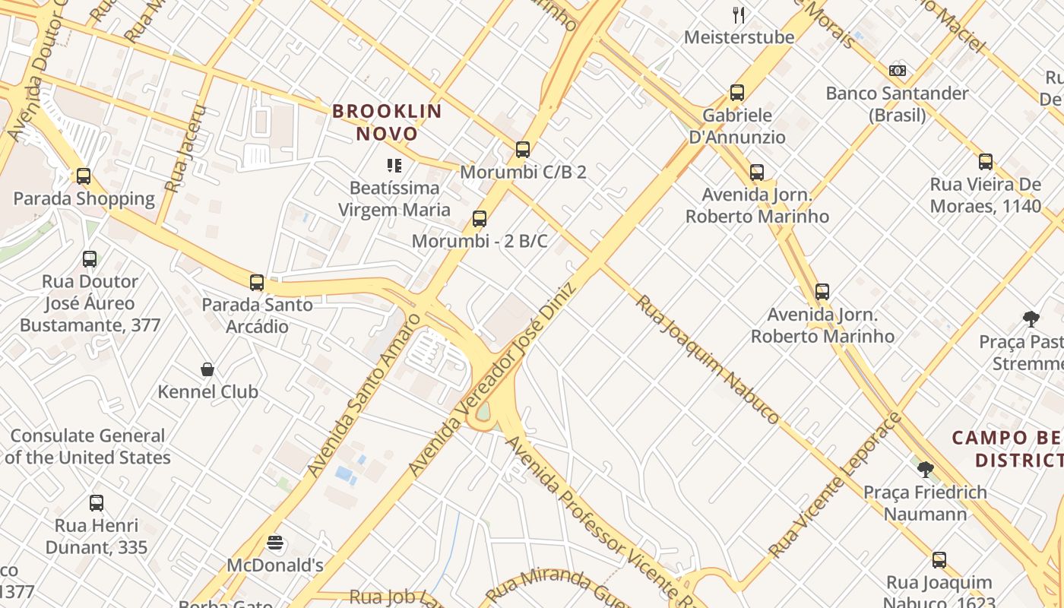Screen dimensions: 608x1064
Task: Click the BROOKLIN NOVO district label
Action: point(387,122)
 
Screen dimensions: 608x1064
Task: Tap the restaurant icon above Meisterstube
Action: point(738,14)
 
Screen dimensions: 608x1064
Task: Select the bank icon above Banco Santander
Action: point(898,71)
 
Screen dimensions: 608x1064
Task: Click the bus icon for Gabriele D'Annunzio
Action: point(736,93)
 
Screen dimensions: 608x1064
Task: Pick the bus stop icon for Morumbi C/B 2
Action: point(522,149)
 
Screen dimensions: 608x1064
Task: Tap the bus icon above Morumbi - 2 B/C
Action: point(479,219)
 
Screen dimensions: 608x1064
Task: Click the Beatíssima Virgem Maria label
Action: point(394,198)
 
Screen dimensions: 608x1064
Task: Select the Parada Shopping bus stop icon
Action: point(84,176)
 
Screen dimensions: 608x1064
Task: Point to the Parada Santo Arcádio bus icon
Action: point(257,283)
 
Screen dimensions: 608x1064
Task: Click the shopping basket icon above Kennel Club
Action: point(207,369)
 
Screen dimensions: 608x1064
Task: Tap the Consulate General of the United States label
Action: point(87,447)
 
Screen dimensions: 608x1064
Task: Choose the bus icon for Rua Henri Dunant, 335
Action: point(96,502)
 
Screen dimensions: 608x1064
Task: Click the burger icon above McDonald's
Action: point(275,543)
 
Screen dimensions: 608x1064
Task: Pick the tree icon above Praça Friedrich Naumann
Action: point(925,469)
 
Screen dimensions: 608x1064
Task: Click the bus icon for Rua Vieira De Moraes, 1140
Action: point(986,161)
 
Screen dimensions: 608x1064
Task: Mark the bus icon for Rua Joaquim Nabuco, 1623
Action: point(939,560)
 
